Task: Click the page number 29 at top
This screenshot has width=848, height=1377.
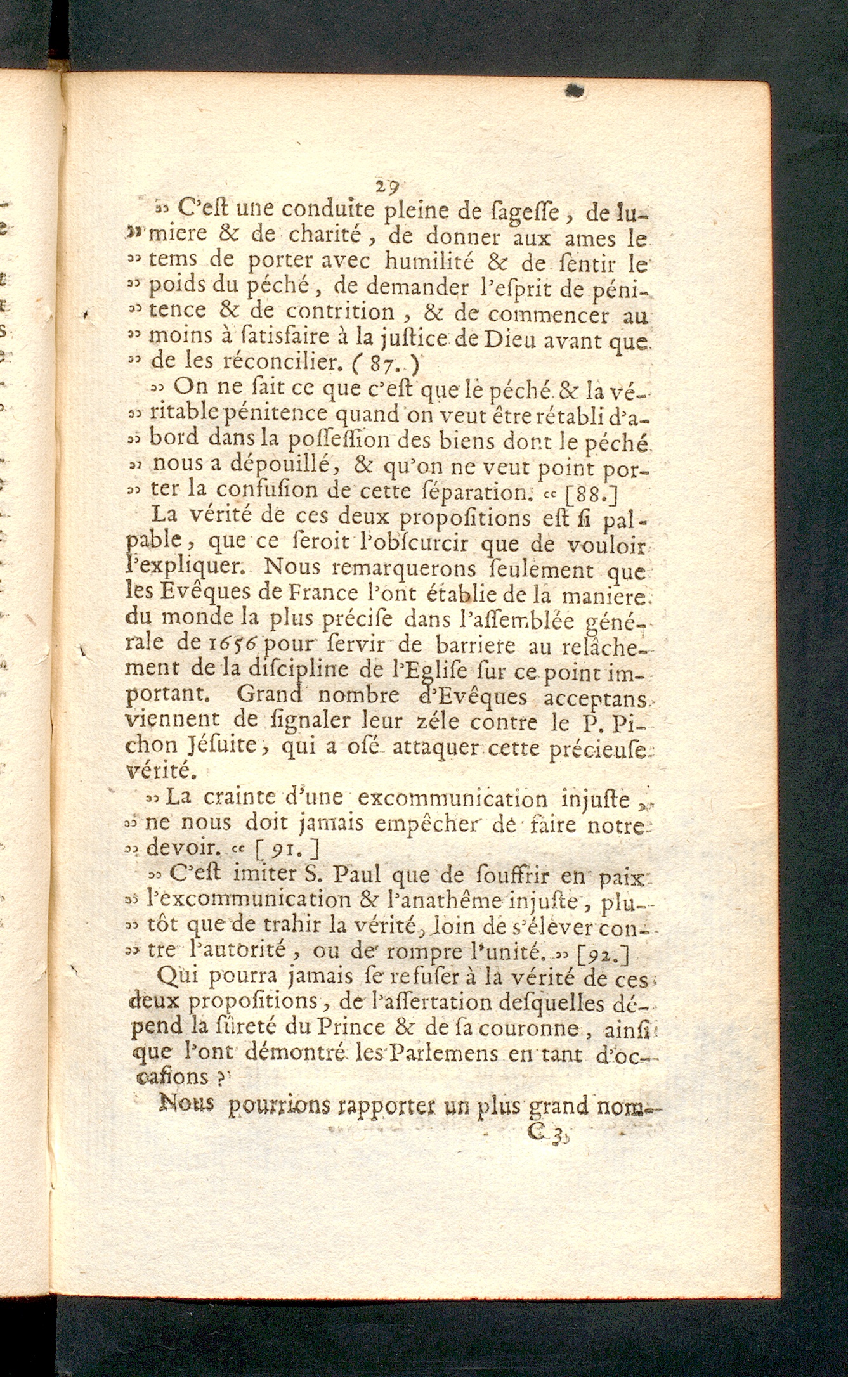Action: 386,187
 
